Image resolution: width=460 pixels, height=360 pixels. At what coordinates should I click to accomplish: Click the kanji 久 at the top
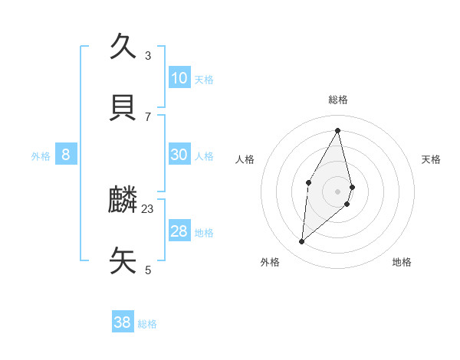(123, 46)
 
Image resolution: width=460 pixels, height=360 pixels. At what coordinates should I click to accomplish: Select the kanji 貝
(123, 108)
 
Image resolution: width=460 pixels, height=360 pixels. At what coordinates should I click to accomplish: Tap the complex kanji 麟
(123, 201)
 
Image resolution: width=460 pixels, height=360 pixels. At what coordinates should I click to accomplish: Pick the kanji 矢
(123, 261)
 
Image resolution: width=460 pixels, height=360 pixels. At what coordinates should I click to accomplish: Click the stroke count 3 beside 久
(148, 56)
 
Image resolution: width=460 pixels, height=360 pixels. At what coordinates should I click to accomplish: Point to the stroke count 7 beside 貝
(148, 117)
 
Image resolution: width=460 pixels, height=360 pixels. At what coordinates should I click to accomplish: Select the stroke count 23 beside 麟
(148, 209)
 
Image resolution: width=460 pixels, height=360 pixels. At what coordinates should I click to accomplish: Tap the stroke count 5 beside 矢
(148, 270)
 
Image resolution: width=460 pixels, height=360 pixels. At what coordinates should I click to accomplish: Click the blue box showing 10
(179, 78)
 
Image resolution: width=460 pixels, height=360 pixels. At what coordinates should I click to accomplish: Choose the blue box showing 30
(179, 155)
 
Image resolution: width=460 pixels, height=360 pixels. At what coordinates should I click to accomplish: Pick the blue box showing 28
(179, 231)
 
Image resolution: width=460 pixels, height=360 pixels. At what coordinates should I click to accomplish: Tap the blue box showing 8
(66, 155)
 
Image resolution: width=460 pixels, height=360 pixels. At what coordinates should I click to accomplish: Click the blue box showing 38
(123, 322)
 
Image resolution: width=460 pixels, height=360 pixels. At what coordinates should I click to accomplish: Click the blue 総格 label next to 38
(147, 324)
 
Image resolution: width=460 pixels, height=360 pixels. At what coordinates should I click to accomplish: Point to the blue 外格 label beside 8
(41, 156)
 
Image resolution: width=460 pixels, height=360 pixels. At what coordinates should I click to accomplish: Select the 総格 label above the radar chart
(338, 100)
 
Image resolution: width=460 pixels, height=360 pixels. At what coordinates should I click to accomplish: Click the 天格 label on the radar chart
(432, 159)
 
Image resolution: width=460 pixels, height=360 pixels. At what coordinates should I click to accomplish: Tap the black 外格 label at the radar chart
(270, 262)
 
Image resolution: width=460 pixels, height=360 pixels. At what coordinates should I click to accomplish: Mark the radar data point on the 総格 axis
(338, 130)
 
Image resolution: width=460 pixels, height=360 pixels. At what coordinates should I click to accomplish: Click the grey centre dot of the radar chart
(338, 191)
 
